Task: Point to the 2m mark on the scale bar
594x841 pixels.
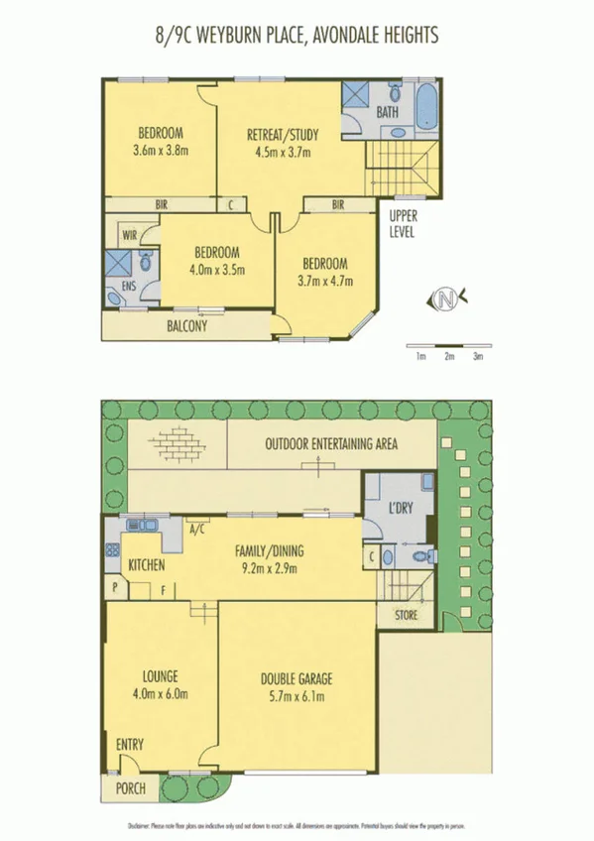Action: click(449, 356)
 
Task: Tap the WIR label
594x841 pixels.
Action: click(129, 235)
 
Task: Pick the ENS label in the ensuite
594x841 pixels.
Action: click(128, 286)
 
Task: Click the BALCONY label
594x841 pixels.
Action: click(186, 324)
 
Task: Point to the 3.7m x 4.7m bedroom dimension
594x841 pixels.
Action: click(325, 281)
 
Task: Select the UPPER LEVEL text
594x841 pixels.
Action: click(402, 224)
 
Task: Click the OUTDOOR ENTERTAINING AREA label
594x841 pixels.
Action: click(331, 443)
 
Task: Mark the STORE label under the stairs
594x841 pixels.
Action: click(407, 615)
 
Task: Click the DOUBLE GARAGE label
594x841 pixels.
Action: click(297, 679)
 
